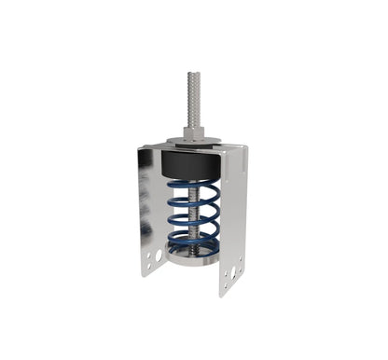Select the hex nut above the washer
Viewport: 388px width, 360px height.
[194, 133]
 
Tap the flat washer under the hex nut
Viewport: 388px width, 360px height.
[194, 143]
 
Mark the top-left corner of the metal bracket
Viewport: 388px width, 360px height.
[139, 147]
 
